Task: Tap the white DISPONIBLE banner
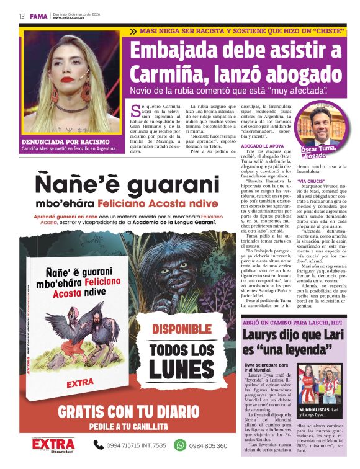pos(182,329)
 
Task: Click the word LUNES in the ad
pos(182,370)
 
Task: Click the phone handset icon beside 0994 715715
pos(99,445)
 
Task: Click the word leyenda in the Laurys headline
pos(315,350)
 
